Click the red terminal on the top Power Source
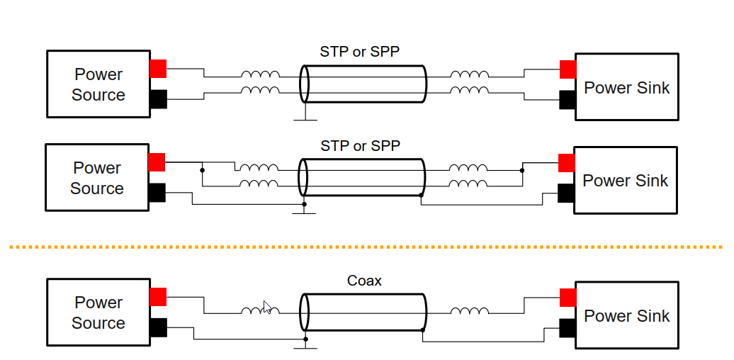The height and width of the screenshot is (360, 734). point(158,69)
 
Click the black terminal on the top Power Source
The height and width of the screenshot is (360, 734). point(158,99)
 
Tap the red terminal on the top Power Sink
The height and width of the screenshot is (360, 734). point(568,69)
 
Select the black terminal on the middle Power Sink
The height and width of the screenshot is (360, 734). point(566,193)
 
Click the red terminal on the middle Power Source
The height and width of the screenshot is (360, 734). point(157,162)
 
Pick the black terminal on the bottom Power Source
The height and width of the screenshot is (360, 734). point(158,327)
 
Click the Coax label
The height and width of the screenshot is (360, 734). point(364,281)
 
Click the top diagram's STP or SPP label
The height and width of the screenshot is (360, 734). point(361,52)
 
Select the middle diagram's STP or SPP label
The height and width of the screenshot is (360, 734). point(360,146)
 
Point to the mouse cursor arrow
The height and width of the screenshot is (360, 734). point(266,306)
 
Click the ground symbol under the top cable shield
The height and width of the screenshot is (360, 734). point(305,118)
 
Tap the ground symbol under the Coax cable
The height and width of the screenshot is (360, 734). point(305,347)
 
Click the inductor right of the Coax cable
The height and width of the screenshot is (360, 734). point(469,311)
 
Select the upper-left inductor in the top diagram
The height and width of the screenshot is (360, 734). point(260,74)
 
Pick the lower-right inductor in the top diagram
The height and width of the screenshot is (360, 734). point(469,90)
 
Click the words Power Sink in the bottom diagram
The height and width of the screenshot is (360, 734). point(626,316)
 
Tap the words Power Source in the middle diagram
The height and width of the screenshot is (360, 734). point(97,178)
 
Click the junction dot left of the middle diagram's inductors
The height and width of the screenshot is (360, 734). point(203,170)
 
